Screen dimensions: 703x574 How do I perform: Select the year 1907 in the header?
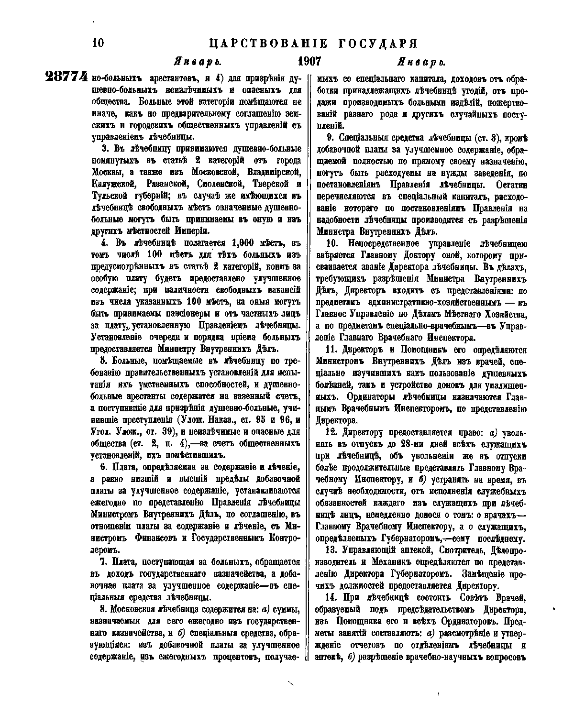[309, 62]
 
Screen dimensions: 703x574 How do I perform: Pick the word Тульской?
[109, 196]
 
